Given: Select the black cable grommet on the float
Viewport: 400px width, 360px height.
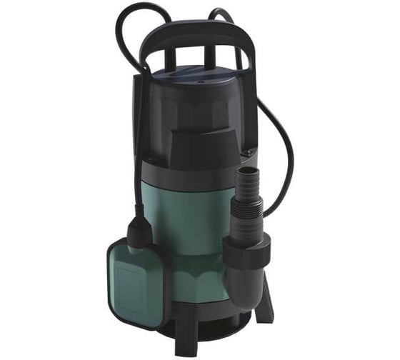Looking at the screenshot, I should pos(137,227).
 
